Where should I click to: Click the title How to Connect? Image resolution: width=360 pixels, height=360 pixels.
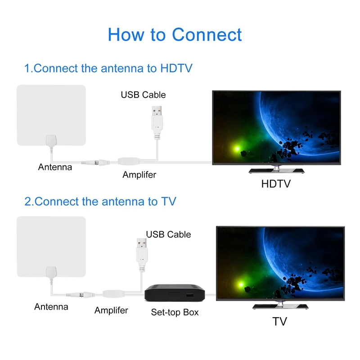pyautogui.click(x=175, y=35)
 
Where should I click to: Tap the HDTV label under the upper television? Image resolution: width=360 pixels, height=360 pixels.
pyautogui.click(x=276, y=184)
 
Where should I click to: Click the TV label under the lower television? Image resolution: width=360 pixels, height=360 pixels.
pyautogui.click(x=279, y=321)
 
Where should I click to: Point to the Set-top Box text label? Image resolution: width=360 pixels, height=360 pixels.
pyautogui.click(x=175, y=312)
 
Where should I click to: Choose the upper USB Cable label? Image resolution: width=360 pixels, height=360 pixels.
pyautogui.click(x=143, y=95)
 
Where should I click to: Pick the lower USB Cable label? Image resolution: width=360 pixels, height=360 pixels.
pyautogui.click(x=168, y=234)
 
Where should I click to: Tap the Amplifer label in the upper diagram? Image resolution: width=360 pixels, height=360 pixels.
pyautogui.click(x=139, y=175)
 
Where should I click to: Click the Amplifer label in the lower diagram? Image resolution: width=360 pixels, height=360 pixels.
pyautogui.click(x=111, y=310)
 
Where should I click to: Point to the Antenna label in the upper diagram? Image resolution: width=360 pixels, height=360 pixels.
pyautogui.click(x=55, y=167)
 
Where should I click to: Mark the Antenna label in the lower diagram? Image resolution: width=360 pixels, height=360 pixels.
pyautogui.click(x=51, y=307)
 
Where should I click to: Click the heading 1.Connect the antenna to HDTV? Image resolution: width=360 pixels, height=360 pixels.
pyautogui.click(x=108, y=68)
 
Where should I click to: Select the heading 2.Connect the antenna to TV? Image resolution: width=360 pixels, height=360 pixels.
pyautogui.click(x=100, y=201)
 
